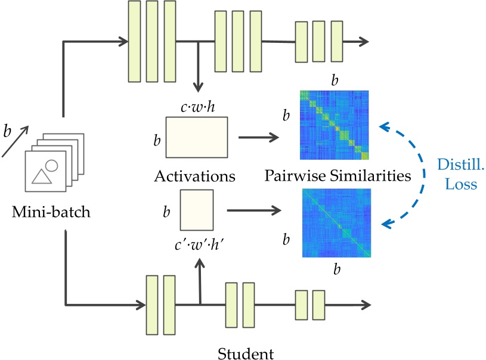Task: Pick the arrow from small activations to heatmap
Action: (x=253, y=210)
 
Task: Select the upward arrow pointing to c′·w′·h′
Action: (x=200, y=280)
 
